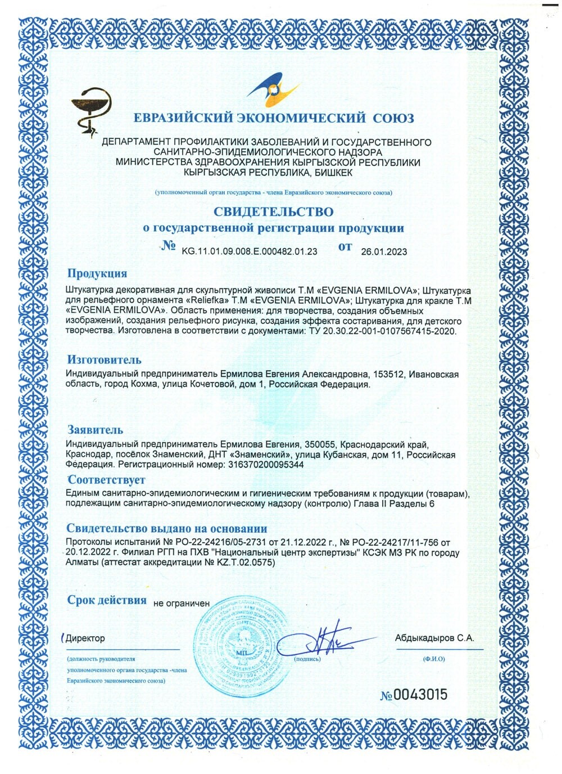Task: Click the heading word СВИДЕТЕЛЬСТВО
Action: click(273, 211)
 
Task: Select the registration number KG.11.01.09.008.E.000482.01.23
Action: click(250, 251)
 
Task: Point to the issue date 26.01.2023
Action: click(384, 251)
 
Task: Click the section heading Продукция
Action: click(97, 273)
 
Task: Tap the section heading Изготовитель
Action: click(104, 359)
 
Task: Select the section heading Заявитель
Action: click(95, 430)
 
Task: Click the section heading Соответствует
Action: click(106, 480)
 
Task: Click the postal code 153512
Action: click(386, 375)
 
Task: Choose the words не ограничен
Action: click(181, 603)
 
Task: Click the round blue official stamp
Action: click(238, 644)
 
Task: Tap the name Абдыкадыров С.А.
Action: click(434, 638)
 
